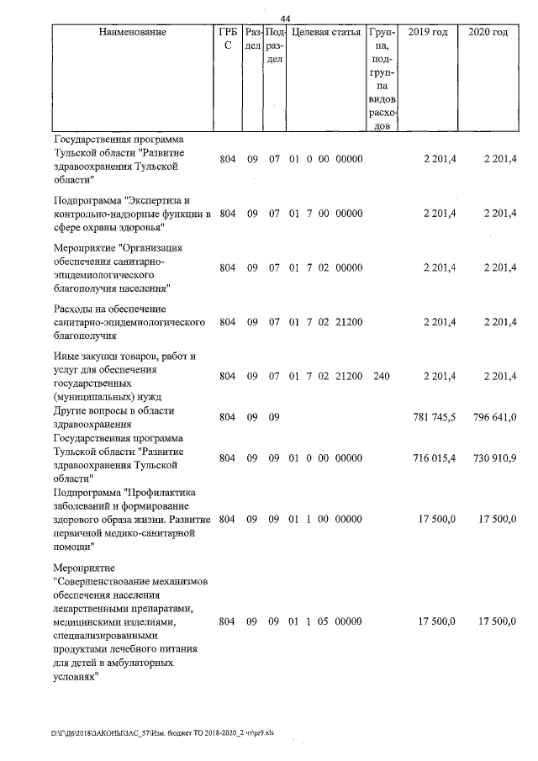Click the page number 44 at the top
pos(286,18)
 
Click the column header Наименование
pos(132,32)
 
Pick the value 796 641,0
pos(491,417)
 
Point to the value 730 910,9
pos(491,458)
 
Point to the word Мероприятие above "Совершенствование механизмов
pos(85,568)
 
